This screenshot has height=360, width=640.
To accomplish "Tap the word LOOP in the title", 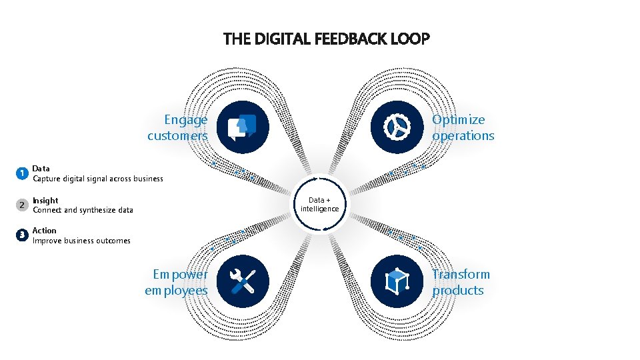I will [x=411, y=39].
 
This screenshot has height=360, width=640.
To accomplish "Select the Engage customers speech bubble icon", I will [x=243, y=127].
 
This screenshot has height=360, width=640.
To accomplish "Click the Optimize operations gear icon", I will [x=396, y=127].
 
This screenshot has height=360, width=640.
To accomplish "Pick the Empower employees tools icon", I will [x=243, y=281].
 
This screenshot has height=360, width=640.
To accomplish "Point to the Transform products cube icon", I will [x=396, y=281].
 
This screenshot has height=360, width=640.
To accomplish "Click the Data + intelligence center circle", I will [x=320, y=205].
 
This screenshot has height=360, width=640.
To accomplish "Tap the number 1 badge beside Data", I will [x=22, y=173].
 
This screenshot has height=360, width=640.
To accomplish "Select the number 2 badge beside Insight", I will [x=22, y=205].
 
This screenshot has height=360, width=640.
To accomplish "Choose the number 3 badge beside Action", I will [x=22, y=235].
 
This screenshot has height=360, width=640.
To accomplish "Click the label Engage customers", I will [x=179, y=127].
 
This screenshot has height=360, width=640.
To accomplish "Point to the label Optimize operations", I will [x=463, y=127].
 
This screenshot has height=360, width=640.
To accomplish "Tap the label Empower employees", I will [x=177, y=282].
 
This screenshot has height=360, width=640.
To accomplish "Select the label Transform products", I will [x=460, y=282].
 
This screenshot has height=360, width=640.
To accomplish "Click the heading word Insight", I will [x=45, y=200].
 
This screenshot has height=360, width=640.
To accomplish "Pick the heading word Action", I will [x=45, y=231].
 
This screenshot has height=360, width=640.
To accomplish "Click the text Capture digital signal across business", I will [x=98, y=179].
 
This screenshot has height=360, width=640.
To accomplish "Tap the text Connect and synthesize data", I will [x=83, y=210].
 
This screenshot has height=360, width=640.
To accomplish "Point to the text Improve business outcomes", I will [x=81, y=241].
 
